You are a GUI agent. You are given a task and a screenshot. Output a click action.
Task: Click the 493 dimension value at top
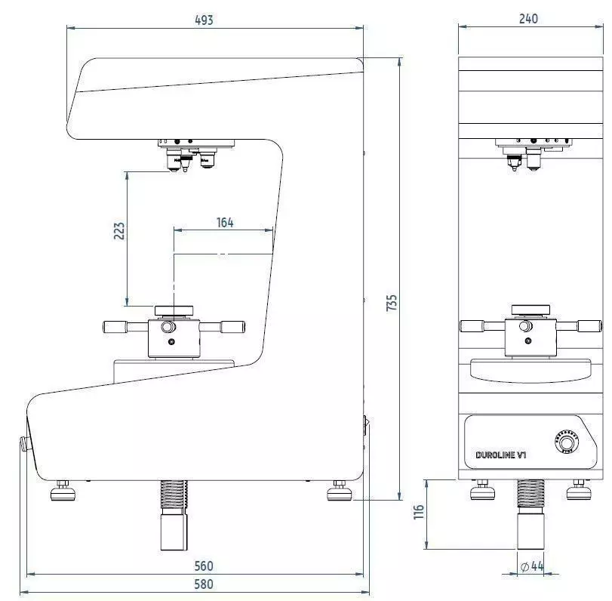(203, 20)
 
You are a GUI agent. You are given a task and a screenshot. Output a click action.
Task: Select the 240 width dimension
(529, 19)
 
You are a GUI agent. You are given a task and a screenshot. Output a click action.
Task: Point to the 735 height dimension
(391, 303)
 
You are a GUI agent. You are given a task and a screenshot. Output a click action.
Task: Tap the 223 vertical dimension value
(119, 231)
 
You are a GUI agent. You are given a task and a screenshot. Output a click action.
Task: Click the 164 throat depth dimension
(225, 222)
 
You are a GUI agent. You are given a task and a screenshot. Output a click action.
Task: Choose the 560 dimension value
(203, 566)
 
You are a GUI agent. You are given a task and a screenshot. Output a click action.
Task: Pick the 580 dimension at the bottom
(203, 584)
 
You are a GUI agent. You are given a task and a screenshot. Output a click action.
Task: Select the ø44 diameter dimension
(532, 566)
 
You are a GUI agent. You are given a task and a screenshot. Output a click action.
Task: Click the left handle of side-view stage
(118, 326)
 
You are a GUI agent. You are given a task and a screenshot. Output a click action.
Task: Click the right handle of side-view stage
(232, 326)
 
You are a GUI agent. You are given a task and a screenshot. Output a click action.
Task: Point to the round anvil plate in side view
(174, 310)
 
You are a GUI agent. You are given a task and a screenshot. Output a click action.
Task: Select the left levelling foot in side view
(63, 492)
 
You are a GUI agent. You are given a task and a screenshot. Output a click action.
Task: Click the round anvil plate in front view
(530, 310)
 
